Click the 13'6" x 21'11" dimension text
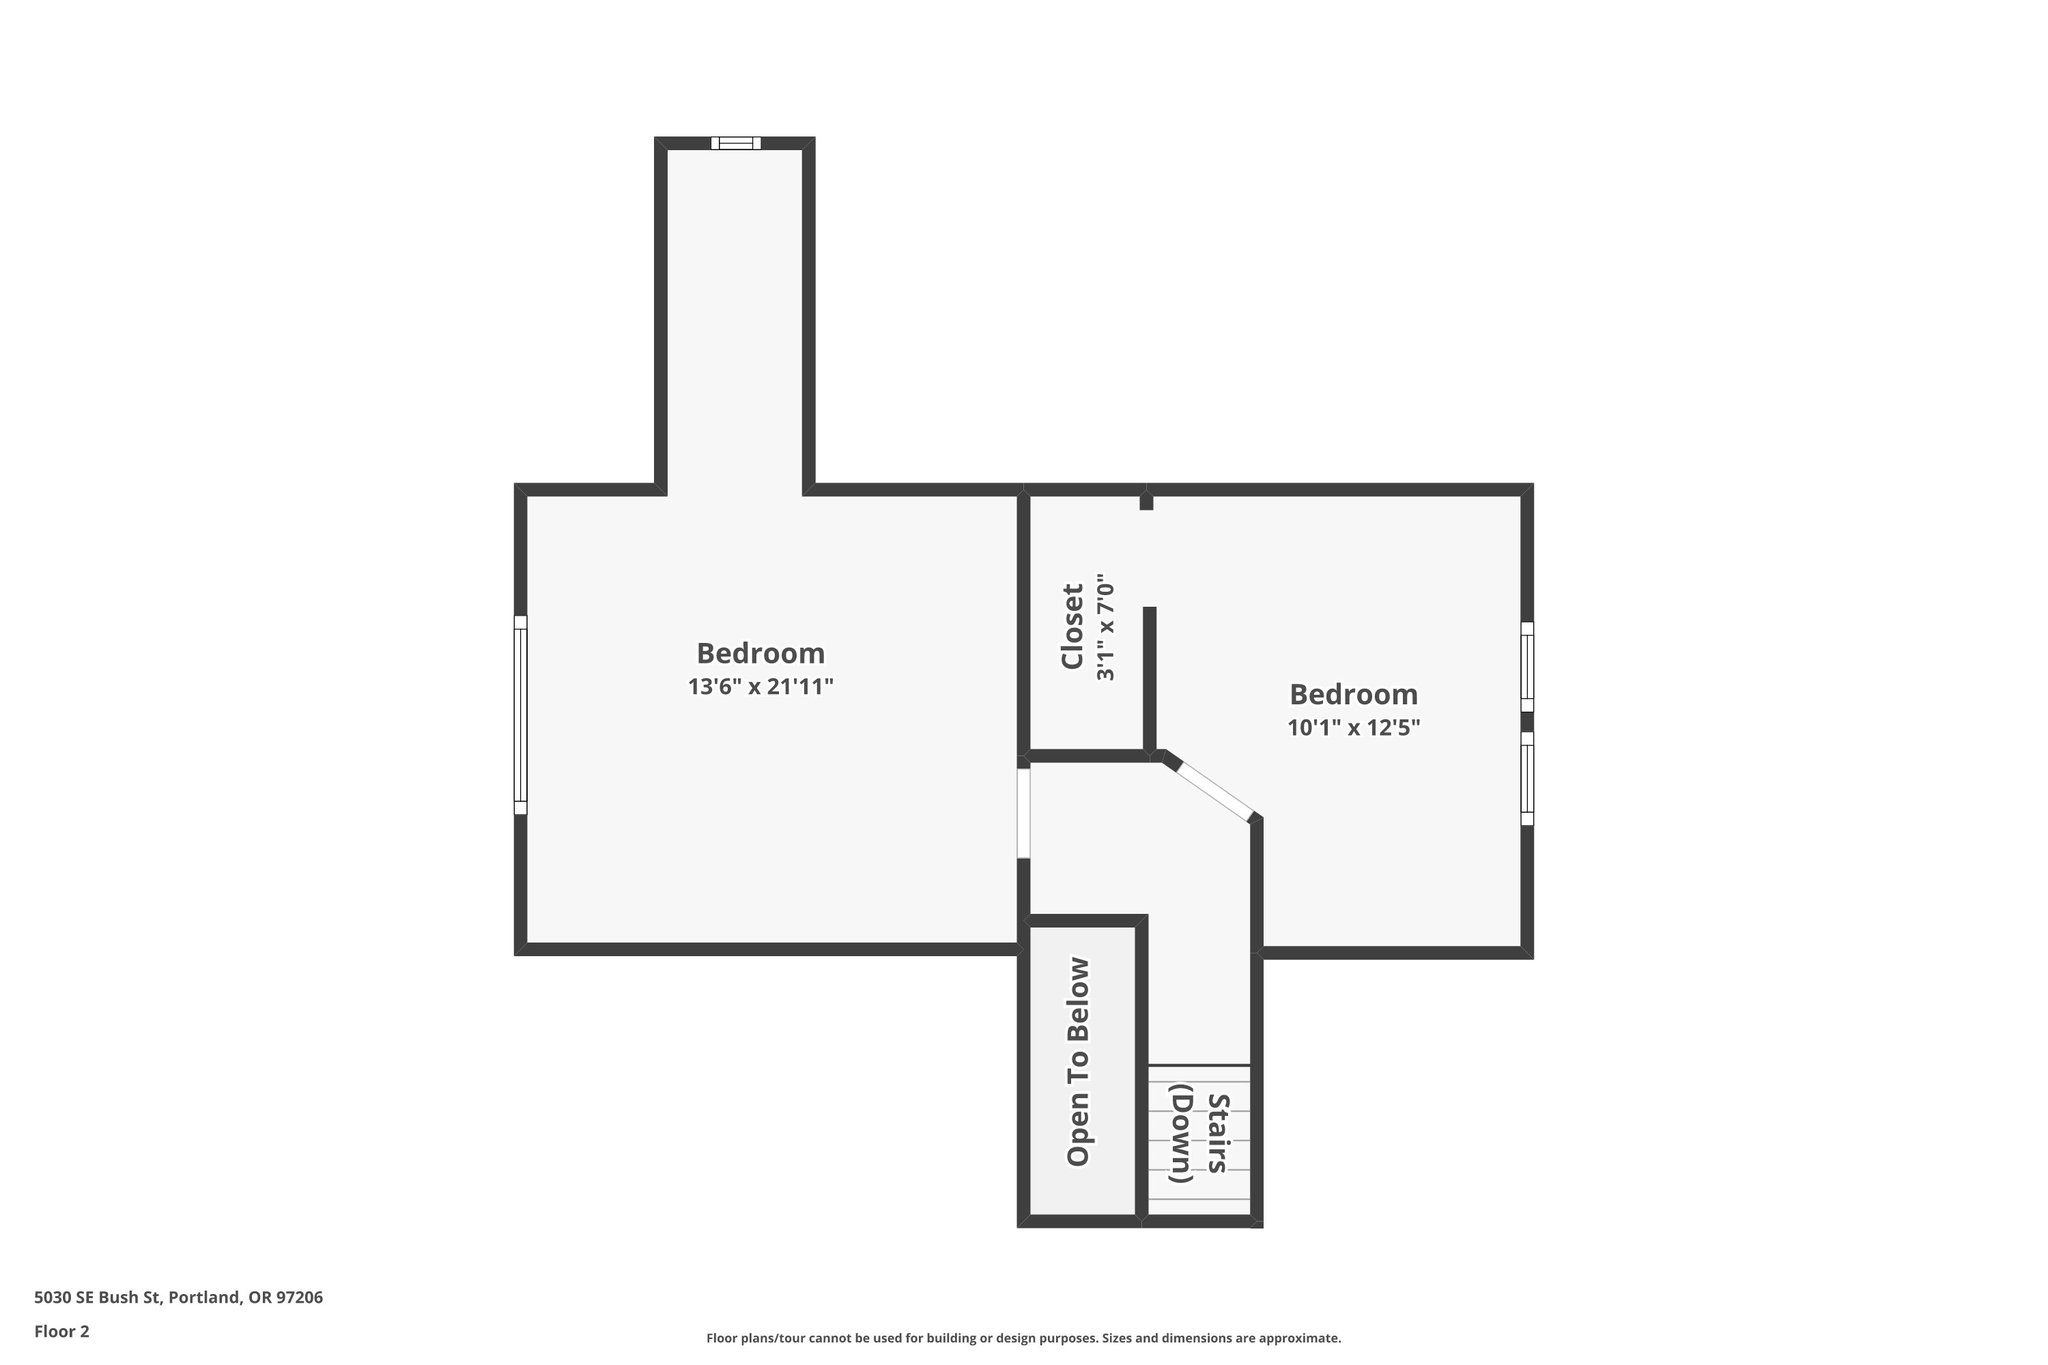760,687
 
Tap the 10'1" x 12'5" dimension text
1353,728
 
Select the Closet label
1072,627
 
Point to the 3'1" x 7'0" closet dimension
1105,627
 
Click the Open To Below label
1078,1061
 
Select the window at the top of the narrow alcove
736,143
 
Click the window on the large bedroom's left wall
520,714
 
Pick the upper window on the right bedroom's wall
1527,667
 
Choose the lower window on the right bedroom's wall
1527,778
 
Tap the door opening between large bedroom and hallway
1023,812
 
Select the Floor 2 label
62,1331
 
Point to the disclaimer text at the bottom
1023,1338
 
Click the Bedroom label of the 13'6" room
760,653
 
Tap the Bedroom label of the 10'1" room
1353,694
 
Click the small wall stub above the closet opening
1147,500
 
